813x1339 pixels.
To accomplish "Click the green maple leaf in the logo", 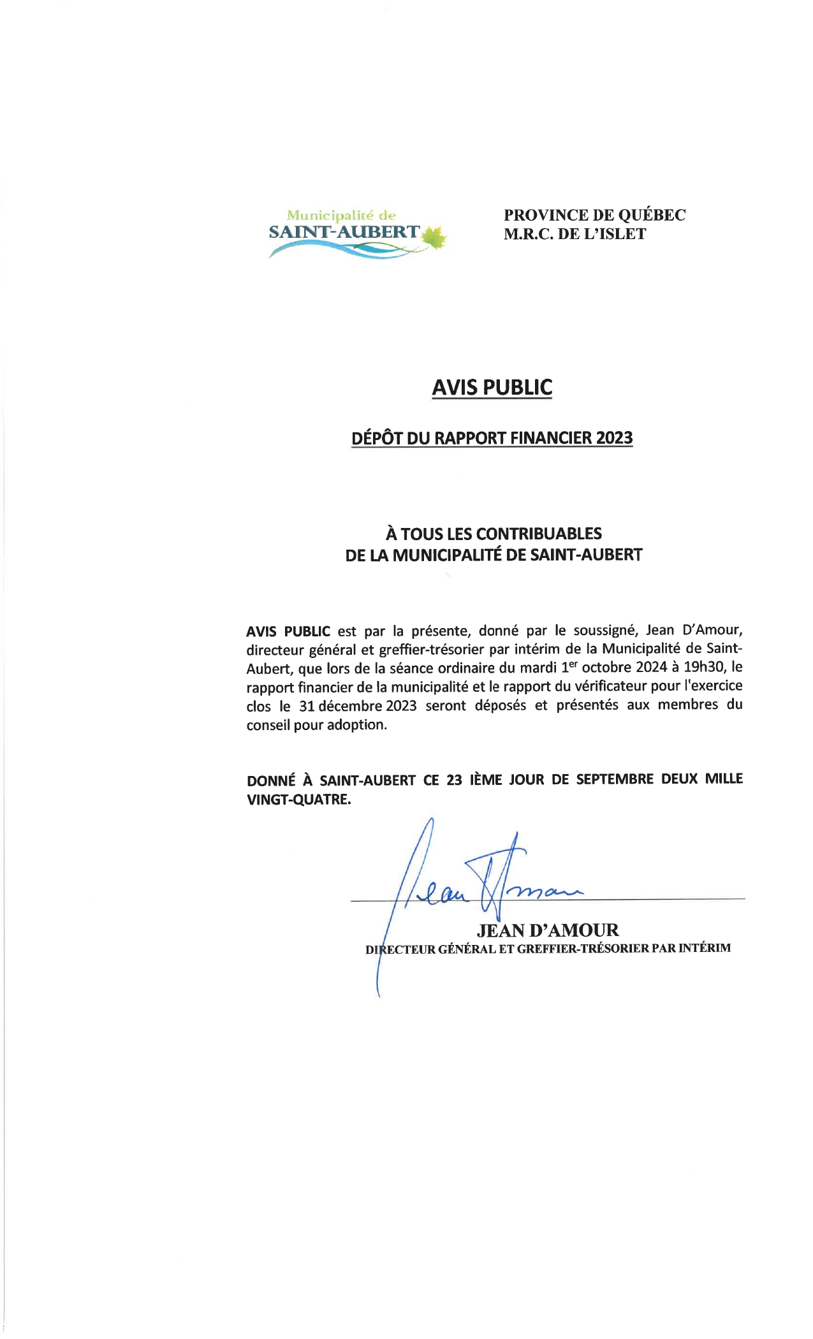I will point(433,237).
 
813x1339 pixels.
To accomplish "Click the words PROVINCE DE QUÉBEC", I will point(594,215).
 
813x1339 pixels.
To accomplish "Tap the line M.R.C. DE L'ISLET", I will point(575,234).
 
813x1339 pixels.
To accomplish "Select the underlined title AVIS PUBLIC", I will point(492,387).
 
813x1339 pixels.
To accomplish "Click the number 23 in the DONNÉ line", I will point(454,779).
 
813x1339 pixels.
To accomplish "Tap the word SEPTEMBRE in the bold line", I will point(615,779).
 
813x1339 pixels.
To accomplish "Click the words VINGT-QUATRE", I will point(298,799).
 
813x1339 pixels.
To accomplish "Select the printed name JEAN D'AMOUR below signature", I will point(548,930).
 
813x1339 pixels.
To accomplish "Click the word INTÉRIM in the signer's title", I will point(704,948).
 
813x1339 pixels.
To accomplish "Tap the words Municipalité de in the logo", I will point(341,216).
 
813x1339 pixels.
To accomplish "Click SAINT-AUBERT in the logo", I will point(344,232).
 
